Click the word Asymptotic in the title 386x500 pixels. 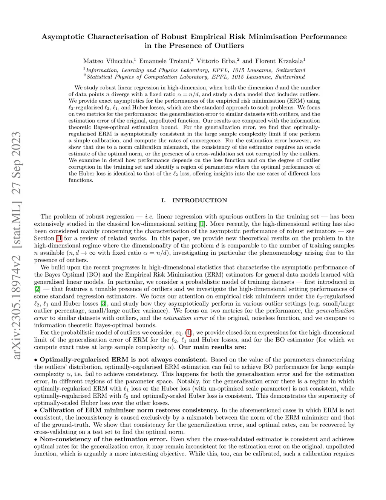pyautogui.click(x=63, y=37)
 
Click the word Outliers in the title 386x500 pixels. pyautogui.click(x=230, y=46)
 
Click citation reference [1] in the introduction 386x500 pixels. pyautogui.click(x=202, y=224)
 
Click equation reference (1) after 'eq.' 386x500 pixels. pyautogui.click(x=189, y=332)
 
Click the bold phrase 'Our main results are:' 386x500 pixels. pyautogui.click(x=212, y=347)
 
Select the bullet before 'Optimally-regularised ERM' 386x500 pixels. pyautogui.click(x=36, y=360)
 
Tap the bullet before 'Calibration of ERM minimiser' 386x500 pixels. pyautogui.click(x=36, y=410)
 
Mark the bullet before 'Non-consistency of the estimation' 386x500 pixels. pyautogui.click(x=36, y=439)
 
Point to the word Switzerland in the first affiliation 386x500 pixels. pyautogui.click(x=290, y=70)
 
